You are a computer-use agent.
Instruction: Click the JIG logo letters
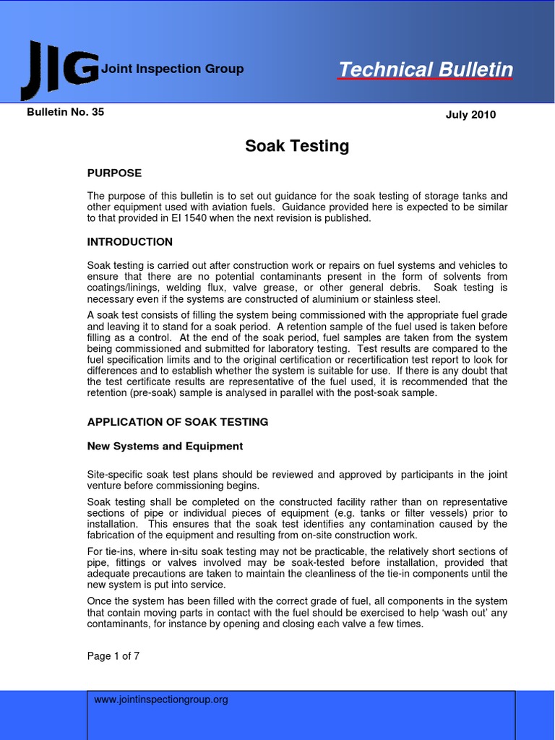pyautogui.click(x=60, y=69)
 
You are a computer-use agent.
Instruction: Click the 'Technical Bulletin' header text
pyautogui.click(x=426, y=70)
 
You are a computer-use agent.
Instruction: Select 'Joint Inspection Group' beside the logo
pyautogui.click(x=173, y=69)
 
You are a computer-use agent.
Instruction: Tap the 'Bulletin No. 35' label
pyautogui.click(x=66, y=112)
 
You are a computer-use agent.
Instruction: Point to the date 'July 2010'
pyautogui.click(x=470, y=115)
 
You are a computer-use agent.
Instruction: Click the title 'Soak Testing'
pyautogui.click(x=297, y=146)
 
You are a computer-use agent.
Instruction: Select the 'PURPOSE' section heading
pyautogui.click(x=114, y=173)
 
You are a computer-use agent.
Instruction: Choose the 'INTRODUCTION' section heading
pyautogui.click(x=130, y=242)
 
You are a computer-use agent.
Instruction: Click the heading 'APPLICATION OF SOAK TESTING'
pyautogui.click(x=178, y=422)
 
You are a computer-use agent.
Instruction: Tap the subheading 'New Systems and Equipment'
pyautogui.click(x=165, y=447)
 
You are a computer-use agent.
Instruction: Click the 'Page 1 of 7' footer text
pyautogui.click(x=113, y=656)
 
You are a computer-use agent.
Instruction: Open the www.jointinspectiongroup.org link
pyautogui.click(x=161, y=700)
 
